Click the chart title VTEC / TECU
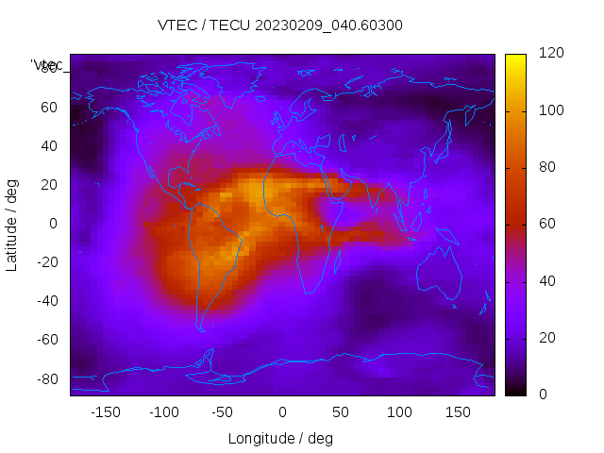point(280,25)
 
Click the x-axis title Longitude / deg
point(280,438)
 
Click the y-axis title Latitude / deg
point(12,224)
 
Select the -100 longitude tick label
point(163,411)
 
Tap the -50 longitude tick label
point(223,411)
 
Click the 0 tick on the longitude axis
point(282,411)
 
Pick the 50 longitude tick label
point(341,411)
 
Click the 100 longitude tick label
point(399,411)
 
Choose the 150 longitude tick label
point(459,411)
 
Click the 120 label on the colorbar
point(551,54)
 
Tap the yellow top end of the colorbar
point(514,59)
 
